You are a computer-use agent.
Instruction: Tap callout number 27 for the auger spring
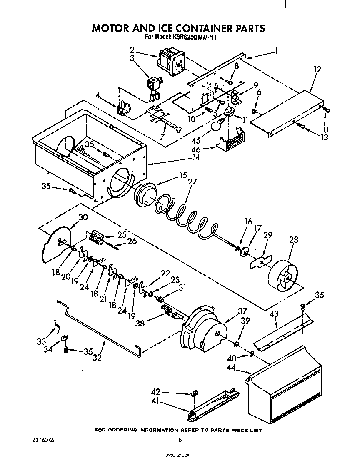click(192, 182)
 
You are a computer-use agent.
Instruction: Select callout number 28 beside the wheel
click(294, 240)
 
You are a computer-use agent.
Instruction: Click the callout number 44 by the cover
click(243, 368)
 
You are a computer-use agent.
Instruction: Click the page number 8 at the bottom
click(180, 440)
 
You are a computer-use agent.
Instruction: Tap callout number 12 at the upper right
click(317, 70)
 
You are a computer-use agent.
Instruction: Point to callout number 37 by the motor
click(242, 311)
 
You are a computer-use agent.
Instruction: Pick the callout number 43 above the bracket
click(273, 313)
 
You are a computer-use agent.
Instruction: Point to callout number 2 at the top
click(132, 49)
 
